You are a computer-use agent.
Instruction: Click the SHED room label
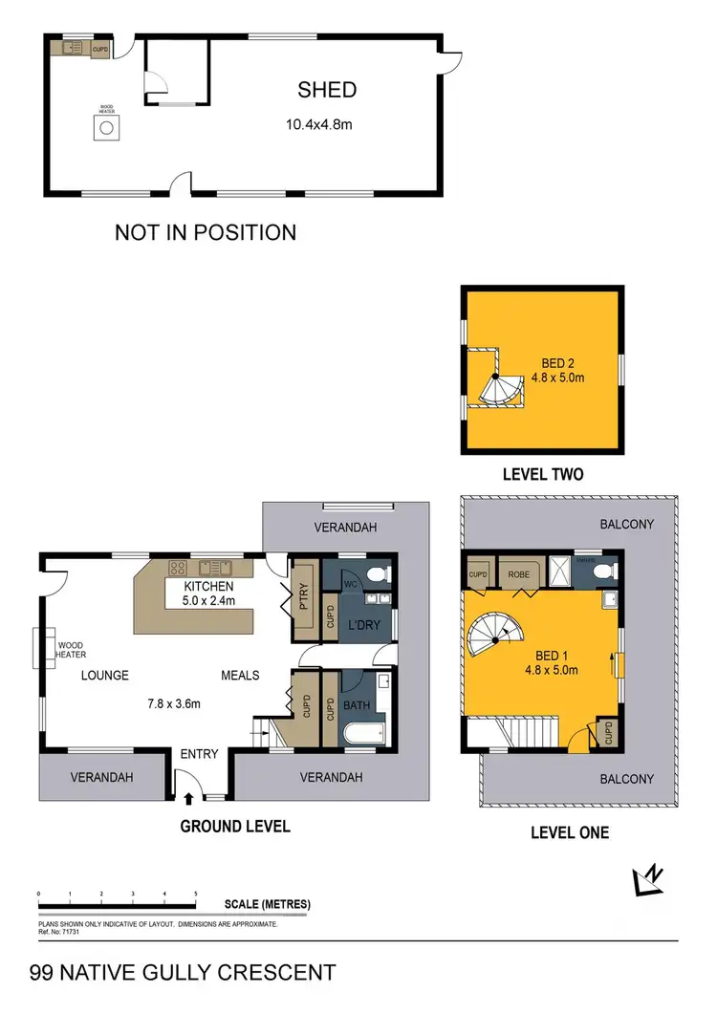(327, 90)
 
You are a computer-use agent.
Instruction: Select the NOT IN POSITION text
(206, 232)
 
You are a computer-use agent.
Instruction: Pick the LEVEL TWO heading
(543, 474)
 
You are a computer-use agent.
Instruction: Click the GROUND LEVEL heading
(235, 826)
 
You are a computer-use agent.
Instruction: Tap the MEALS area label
(240, 676)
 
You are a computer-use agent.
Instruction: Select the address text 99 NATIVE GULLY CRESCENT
(183, 974)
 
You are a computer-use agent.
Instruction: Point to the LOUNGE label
(104, 676)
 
